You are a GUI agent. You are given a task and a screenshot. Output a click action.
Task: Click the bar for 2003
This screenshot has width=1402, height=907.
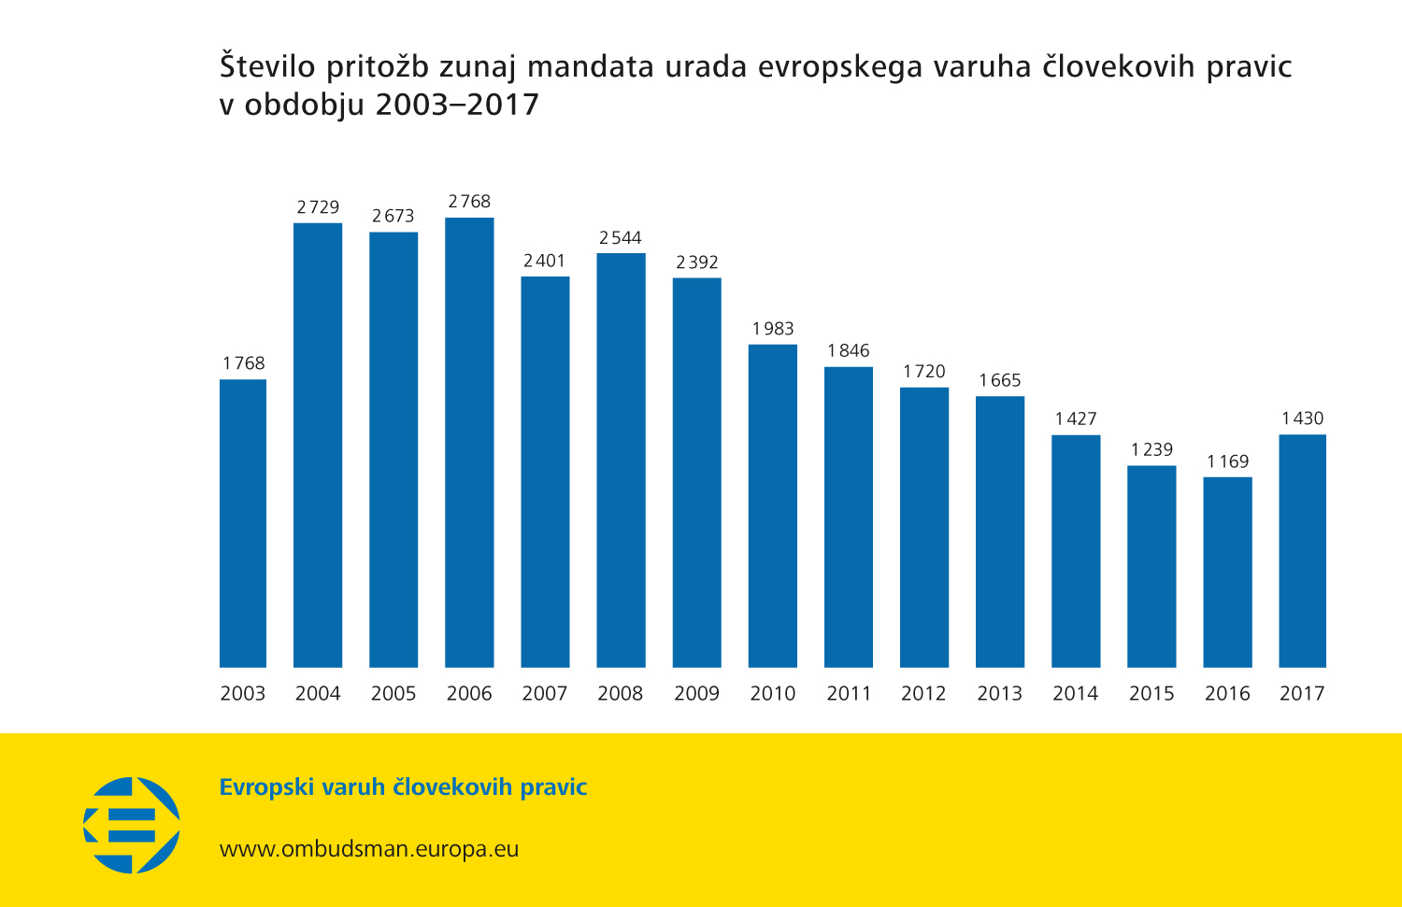(x=243, y=523)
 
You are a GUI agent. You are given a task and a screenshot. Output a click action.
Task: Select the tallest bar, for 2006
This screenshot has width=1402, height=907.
(x=469, y=443)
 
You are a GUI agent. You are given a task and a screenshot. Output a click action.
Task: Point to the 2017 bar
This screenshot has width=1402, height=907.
(x=1302, y=551)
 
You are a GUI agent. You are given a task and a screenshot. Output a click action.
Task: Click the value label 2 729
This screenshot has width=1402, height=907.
(x=318, y=207)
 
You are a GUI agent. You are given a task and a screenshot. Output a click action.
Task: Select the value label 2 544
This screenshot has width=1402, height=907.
(x=621, y=238)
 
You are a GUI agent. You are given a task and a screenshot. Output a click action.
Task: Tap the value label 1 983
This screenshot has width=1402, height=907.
(x=773, y=329)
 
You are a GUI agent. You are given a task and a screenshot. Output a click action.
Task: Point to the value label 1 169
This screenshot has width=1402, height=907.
(x=1227, y=461)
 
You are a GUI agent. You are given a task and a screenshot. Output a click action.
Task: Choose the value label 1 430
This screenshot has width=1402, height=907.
(x=1302, y=418)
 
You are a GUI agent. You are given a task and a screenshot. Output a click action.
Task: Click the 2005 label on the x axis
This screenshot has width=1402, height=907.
(x=393, y=693)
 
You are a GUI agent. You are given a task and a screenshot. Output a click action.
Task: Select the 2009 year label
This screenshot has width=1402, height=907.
(x=696, y=693)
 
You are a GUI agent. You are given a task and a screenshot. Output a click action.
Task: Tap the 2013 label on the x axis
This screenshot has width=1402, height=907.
(x=999, y=693)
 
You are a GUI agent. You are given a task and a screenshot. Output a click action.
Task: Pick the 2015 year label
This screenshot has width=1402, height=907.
(x=1151, y=693)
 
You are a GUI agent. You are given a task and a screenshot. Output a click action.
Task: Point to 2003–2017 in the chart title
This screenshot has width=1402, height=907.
(x=457, y=105)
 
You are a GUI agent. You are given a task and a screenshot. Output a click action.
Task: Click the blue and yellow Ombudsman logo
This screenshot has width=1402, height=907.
(x=132, y=825)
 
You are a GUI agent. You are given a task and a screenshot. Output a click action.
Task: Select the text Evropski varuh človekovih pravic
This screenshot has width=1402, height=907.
(x=403, y=787)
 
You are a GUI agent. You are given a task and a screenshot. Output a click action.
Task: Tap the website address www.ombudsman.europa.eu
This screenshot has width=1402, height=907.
(x=369, y=849)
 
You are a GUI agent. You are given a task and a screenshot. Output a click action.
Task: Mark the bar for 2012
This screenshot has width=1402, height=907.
(x=924, y=527)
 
